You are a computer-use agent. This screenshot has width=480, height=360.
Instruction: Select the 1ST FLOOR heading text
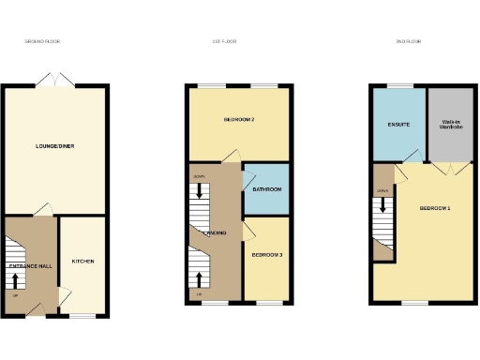(224, 42)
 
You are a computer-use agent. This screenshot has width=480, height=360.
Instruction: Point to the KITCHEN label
(82, 261)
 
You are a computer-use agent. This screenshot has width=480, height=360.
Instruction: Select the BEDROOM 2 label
(239, 121)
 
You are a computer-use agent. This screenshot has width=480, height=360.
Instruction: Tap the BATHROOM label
(267, 190)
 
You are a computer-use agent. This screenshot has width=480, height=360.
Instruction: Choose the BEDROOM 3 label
(266, 254)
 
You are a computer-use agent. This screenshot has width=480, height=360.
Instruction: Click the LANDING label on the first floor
(215, 232)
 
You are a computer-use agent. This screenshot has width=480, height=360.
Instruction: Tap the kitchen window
(82, 316)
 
